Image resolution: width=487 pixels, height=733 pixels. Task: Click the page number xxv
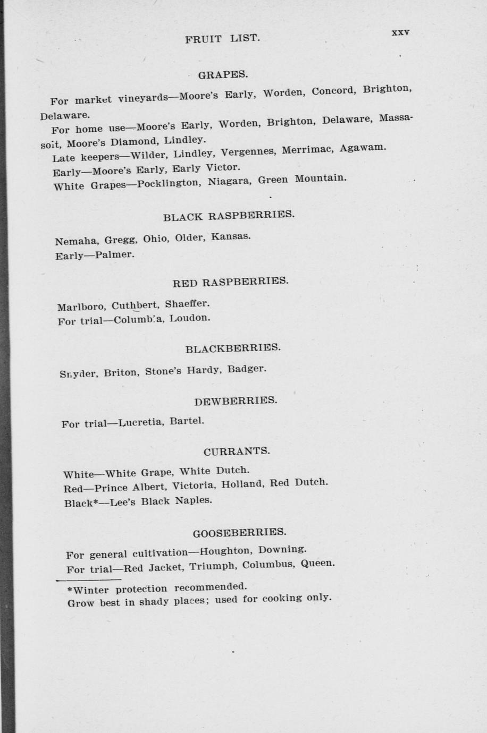tap(400, 32)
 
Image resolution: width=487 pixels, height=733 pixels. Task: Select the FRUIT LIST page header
tap(223, 39)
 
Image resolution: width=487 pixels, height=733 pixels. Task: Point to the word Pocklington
tap(169, 183)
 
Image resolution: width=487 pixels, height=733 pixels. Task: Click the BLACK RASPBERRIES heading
tap(228, 216)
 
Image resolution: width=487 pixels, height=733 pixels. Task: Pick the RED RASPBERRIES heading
tap(230, 282)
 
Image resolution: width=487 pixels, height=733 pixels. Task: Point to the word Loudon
tap(190, 319)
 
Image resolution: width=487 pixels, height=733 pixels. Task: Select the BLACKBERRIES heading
tap(233, 348)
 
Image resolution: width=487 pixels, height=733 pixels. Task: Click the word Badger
tap(247, 369)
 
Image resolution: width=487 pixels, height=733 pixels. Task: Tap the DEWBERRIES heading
tap(236, 400)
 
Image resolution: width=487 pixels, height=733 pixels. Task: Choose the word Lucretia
tap(141, 423)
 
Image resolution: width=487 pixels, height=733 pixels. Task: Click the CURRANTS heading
tap(237, 451)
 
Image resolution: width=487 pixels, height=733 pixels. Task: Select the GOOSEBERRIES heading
tap(239, 532)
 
